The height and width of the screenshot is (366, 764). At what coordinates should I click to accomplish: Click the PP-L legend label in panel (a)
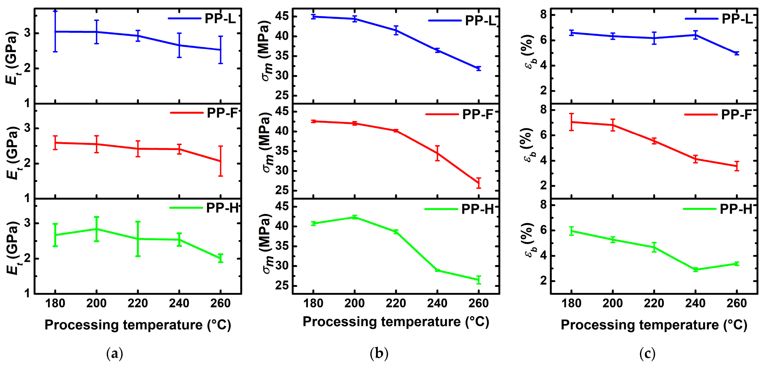click(220, 19)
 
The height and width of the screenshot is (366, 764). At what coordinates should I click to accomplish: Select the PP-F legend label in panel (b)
click(477, 114)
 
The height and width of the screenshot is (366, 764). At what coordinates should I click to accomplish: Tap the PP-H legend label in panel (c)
click(736, 209)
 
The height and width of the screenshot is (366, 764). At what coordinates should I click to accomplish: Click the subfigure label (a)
click(114, 354)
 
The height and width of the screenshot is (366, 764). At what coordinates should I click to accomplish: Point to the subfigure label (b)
click(379, 354)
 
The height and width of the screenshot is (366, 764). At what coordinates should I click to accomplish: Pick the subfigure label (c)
click(647, 354)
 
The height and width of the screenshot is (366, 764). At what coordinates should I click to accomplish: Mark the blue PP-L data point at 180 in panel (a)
click(55, 31)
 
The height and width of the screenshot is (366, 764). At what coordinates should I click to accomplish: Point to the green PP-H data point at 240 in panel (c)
click(696, 270)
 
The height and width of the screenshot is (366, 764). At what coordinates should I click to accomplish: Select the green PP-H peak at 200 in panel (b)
click(355, 217)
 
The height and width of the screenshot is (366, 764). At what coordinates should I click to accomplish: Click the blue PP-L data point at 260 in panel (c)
click(737, 53)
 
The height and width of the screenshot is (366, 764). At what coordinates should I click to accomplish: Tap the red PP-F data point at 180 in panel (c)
click(571, 122)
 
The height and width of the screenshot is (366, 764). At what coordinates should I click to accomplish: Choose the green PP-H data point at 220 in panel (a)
click(138, 239)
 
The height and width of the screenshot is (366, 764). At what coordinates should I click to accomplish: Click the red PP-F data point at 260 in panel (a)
click(220, 161)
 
